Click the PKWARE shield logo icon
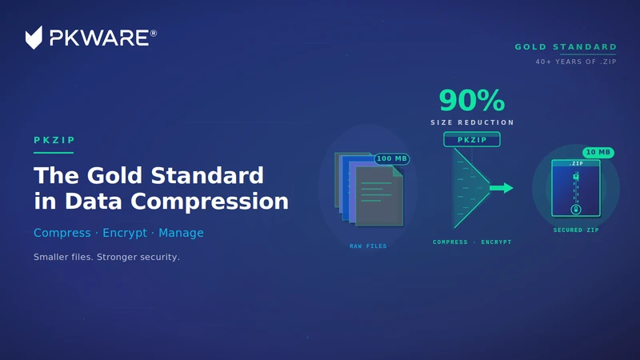pos(34,38)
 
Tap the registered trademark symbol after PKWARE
pos(154,33)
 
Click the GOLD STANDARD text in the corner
pos(566,47)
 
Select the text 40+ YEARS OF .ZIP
pos(576,62)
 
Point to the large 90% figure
pos(472,101)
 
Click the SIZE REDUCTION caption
pos(472,122)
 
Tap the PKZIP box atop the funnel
pos(472,139)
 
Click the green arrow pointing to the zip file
pos(502,188)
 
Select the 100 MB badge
pos(392,158)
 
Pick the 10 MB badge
pos(598,152)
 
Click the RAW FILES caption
pos(368,246)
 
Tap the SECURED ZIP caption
pos(576,230)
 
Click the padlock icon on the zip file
pos(576,210)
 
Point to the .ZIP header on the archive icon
pos(576,163)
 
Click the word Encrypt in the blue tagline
pos(125,233)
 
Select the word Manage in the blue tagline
pos(181,233)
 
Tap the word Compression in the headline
pos(210,202)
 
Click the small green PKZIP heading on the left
pos(54,140)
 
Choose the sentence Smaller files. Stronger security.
pos(106,257)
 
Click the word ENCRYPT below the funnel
pos(496,242)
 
